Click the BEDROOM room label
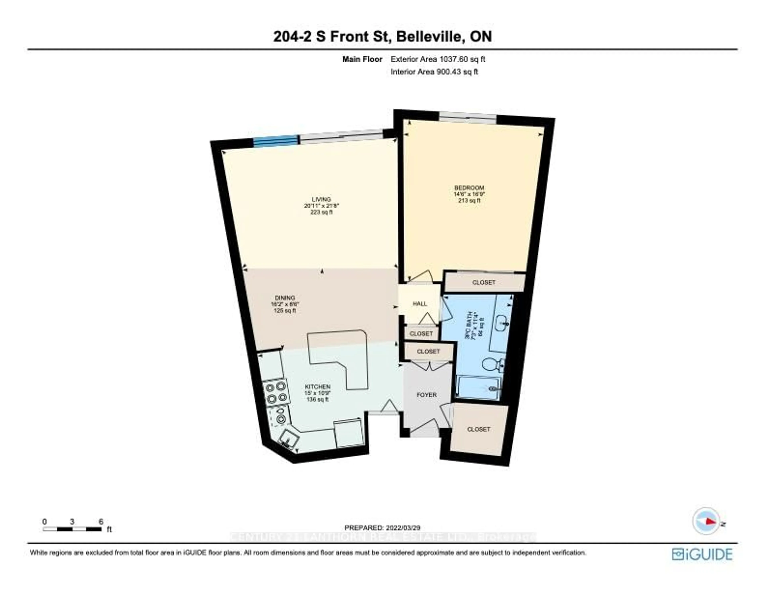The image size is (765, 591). [x=469, y=188]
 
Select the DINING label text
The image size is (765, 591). [x=285, y=298]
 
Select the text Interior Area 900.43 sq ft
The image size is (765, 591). [x=434, y=72]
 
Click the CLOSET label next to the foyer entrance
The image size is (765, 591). [x=479, y=429]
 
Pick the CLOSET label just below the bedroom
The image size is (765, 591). [x=484, y=282]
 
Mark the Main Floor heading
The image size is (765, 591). [x=362, y=60]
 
